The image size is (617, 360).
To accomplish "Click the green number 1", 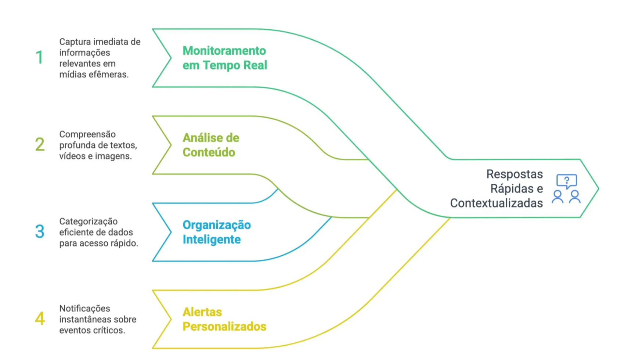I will tap(39, 57).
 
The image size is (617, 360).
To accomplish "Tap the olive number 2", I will tap(40, 144).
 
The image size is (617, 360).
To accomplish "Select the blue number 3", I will tap(40, 231).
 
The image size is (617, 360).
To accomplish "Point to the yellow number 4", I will tap(40, 318).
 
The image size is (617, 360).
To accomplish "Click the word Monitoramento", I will tap(224, 51).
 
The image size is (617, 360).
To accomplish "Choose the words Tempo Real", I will tap(235, 65).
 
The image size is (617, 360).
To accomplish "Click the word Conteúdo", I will tap(209, 152).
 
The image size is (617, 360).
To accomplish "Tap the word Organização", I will tap(217, 225).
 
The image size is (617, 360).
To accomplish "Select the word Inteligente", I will tap(212, 240).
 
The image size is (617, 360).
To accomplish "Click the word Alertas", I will tap(202, 312).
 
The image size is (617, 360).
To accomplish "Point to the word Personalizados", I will tap(224, 327).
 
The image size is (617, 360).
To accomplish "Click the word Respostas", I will tap(514, 174).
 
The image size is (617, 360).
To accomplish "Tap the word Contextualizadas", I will tap(496, 203).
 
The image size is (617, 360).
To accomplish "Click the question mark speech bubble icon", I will tap(567, 181).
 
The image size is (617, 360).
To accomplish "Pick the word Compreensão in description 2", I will tap(87, 134).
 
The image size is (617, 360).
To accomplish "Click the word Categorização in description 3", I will tap(89, 222).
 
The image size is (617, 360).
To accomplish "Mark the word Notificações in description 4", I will tap(84, 309).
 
